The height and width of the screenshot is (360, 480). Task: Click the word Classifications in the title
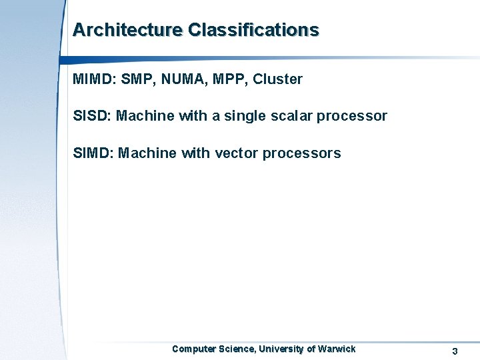click(x=253, y=30)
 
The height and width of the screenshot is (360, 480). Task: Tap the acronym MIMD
click(x=93, y=79)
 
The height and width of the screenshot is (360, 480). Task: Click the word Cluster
click(x=278, y=79)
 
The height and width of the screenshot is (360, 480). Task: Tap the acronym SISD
click(x=91, y=116)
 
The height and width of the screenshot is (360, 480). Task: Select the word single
click(x=245, y=117)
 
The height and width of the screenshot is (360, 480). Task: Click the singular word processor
click(x=352, y=117)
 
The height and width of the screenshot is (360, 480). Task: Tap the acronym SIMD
click(x=93, y=153)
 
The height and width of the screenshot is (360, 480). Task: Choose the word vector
click(x=236, y=153)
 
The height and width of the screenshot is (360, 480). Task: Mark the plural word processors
click(x=301, y=154)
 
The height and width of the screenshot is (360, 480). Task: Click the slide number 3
click(x=455, y=351)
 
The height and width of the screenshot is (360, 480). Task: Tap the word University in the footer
click(x=281, y=349)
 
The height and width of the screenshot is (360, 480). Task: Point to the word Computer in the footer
click(x=194, y=349)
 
